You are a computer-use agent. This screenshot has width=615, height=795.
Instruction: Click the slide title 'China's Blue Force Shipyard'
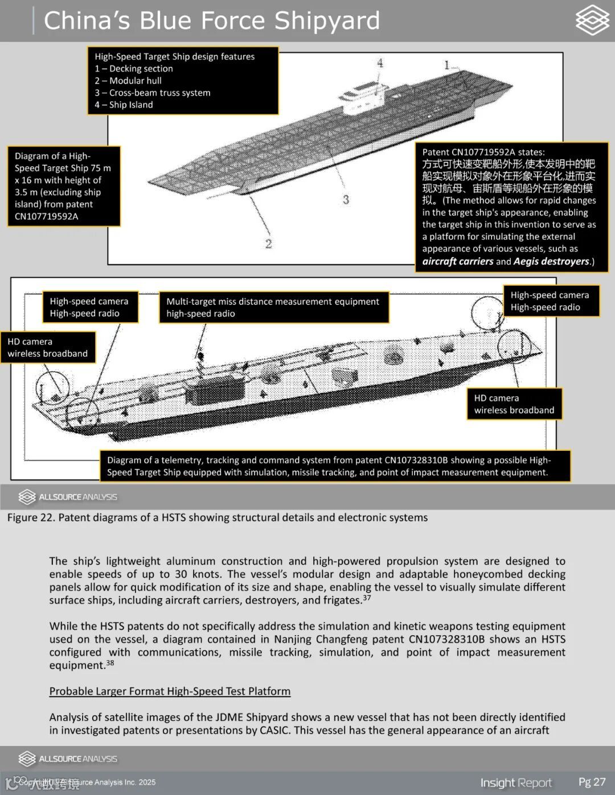211,20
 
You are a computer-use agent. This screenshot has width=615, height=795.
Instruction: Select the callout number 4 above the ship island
380,63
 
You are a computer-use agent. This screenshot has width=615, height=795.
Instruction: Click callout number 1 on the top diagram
447,65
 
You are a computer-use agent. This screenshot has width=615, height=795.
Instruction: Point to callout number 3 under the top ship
346,200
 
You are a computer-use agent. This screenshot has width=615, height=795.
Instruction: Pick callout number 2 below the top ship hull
268,244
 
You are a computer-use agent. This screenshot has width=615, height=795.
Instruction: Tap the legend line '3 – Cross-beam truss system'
153,93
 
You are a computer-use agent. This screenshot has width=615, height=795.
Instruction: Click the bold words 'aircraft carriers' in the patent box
457,261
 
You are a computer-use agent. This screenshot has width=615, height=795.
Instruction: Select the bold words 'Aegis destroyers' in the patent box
551,261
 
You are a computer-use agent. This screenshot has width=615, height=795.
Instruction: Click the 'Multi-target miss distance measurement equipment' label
273,302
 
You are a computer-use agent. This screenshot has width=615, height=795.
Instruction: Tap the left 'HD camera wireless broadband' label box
48,347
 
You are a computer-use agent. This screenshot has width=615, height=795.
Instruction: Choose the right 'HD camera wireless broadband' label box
514,404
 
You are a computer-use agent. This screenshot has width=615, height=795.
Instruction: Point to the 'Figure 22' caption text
217,517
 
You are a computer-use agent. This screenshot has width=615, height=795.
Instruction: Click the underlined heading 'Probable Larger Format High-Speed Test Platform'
170,691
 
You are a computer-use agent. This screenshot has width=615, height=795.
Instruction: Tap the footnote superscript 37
367,598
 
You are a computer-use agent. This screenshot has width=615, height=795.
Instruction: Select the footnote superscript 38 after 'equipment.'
110,662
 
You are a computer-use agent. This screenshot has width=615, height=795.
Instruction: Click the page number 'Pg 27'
592,782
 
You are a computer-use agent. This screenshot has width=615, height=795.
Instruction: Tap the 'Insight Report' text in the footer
516,782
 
